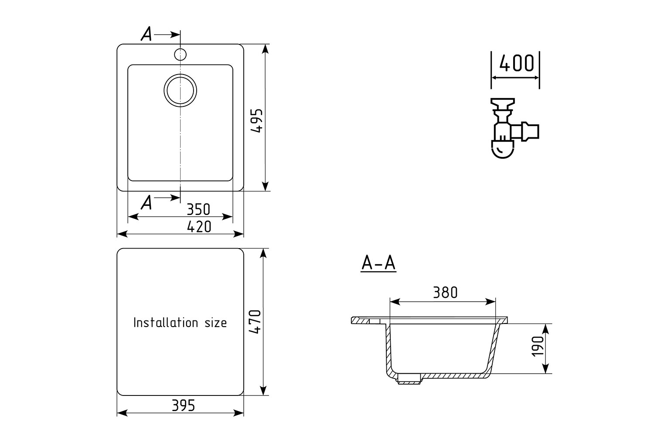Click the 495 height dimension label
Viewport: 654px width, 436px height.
[257, 121]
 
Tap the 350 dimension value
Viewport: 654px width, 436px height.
[198, 209]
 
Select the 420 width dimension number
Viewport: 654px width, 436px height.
[199, 227]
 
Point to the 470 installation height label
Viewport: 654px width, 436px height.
[255, 322]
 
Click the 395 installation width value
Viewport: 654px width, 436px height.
[184, 405]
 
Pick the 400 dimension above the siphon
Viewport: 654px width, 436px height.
[517, 63]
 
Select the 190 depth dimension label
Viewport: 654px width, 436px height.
[538, 346]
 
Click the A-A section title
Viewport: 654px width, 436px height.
[378, 263]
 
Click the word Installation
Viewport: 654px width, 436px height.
[166, 322]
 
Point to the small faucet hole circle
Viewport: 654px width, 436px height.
[181, 54]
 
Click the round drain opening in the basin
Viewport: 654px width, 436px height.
[181, 90]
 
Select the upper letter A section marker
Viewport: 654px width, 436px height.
[146, 34]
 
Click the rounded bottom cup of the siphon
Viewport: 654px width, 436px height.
[502, 150]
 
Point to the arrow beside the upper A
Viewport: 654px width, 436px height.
[167, 35]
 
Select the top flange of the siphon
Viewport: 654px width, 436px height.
[502, 102]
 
